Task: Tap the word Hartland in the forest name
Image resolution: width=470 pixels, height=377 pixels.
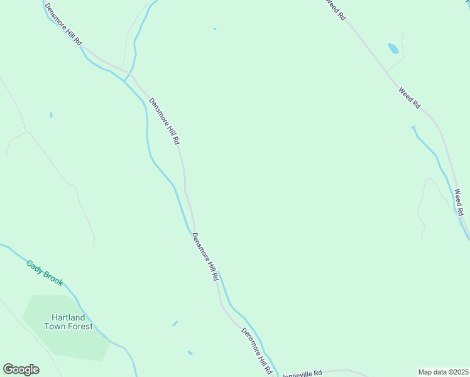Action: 68,317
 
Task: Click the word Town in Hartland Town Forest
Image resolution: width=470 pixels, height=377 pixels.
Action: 55,326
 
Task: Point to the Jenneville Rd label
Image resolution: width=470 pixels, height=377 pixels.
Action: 302,373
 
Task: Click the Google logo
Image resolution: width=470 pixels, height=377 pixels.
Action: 21,369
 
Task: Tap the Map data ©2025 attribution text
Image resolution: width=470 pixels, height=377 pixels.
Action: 442,372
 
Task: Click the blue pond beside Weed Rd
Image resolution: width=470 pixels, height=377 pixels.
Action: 393,48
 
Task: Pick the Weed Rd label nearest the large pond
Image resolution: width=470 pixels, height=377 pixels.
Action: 409,99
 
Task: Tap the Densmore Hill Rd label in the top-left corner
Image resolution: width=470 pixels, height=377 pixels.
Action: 63,25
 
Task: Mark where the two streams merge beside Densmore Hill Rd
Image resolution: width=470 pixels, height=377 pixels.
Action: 126,80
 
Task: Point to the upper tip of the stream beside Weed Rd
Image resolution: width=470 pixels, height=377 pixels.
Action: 413,128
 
